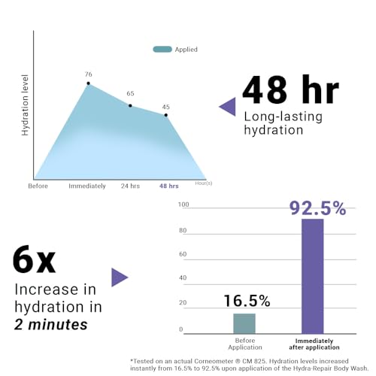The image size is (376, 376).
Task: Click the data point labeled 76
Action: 88,83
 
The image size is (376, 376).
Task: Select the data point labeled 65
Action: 130,106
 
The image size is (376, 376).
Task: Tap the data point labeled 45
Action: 166,115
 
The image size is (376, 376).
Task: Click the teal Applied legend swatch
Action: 162,50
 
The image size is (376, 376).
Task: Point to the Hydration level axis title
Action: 25,105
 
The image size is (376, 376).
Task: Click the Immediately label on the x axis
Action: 87,186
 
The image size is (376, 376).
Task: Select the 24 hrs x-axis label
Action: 130,186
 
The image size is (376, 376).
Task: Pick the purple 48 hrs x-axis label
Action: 169,186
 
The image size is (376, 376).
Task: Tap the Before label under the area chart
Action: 38,186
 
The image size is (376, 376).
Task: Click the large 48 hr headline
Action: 291,89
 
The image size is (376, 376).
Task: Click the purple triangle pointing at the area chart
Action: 227,107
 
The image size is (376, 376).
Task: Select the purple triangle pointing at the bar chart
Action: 120,277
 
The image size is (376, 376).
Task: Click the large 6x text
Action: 34,260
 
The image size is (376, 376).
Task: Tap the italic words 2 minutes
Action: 51,324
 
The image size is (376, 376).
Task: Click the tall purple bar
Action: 313,276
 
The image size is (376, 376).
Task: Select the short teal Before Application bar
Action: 244,323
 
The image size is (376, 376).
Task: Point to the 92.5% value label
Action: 318,208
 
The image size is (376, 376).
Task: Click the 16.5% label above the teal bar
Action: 247,301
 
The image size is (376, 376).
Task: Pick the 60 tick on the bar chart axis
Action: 183,254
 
